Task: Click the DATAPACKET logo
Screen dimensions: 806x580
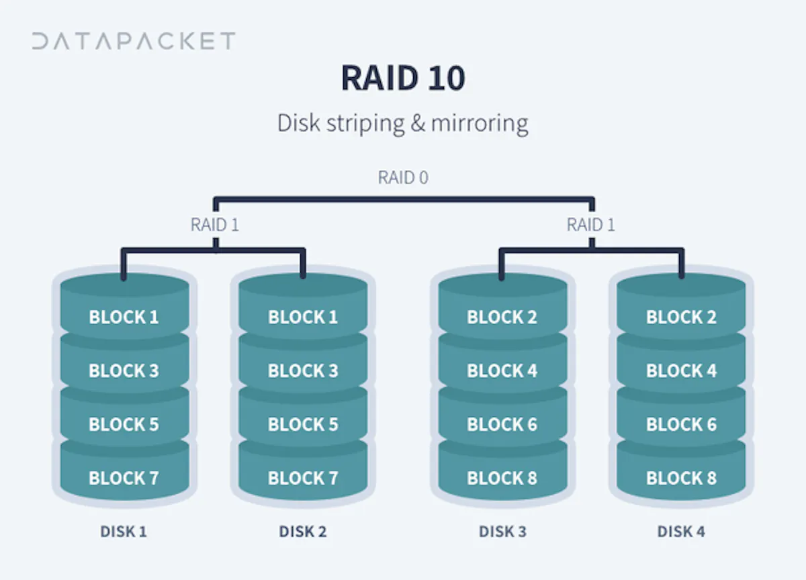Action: tap(134, 41)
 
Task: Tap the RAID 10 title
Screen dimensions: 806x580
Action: tap(403, 78)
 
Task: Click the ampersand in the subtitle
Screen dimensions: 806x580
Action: tap(417, 123)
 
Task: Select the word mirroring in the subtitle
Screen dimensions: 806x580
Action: tap(480, 124)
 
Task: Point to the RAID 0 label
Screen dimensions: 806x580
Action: tap(403, 177)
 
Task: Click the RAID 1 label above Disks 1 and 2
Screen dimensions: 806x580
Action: tap(215, 225)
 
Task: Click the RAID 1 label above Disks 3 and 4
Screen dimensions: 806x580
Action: tap(591, 225)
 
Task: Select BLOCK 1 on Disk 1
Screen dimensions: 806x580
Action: tap(124, 317)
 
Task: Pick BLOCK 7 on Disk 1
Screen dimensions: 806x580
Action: tap(124, 478)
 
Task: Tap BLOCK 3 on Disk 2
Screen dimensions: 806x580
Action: tap(303, 371)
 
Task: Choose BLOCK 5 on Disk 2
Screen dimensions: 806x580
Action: tap(303, 424)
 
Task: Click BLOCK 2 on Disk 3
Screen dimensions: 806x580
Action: tap(502, 317)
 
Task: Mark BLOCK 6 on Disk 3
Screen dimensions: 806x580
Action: tap(502, 424)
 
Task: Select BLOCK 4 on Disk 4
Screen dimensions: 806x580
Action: tap(681, 371)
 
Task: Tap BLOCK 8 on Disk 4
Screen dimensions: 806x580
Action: tap(681, 478)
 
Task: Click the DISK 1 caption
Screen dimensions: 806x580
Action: tap(124, 532)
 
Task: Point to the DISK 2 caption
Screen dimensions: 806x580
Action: tap(303, 532)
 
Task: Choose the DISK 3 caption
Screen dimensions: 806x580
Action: tap(502, 532)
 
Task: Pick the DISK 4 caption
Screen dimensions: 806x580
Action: tap(681, 532)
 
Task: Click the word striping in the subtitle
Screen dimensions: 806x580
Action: tap(365, 124)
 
